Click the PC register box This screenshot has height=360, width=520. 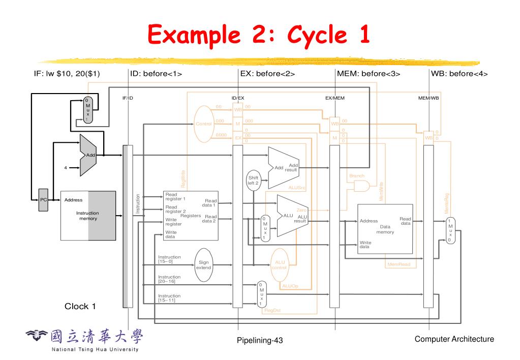click(44, 200)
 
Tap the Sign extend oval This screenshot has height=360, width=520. click(203, 265)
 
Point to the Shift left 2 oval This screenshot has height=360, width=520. click(253, 181)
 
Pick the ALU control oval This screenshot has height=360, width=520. click(280, 265)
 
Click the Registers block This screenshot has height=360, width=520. click(191, 216)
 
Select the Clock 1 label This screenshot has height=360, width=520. click(80, 306)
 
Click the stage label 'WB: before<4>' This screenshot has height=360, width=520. click(459, 74)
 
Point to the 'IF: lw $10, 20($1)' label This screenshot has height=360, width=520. click(67, 74)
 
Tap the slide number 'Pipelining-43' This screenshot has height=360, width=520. click(260, 340)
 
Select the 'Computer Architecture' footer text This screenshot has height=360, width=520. click(454, 339)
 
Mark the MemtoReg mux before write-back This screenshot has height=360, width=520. click(450, 230)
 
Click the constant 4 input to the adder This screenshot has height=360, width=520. click(66, 168)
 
